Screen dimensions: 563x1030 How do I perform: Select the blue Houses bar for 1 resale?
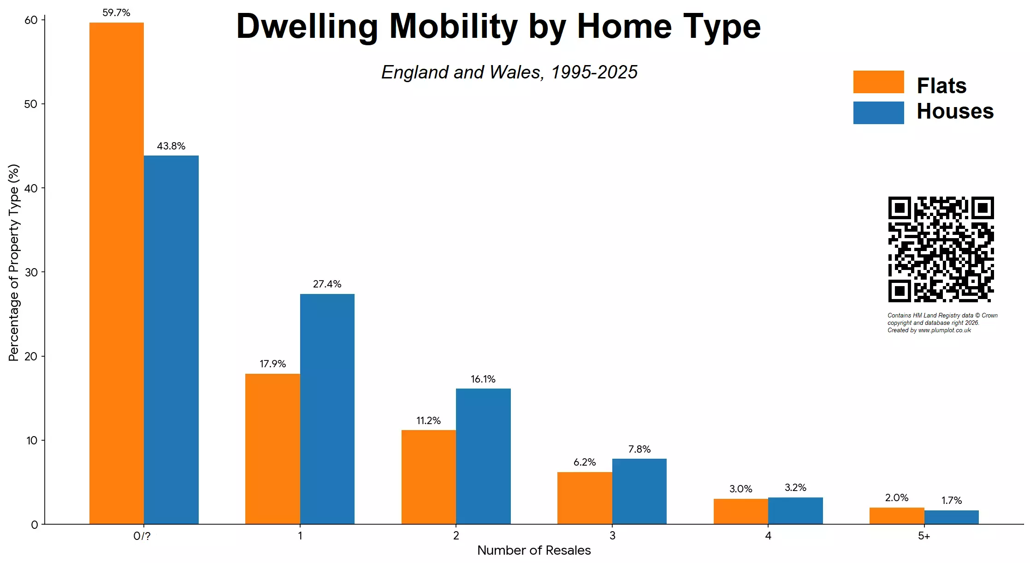coord(327,409)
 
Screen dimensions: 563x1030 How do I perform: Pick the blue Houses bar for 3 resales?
coord(639,491)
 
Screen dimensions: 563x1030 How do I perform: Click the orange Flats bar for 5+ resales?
coord(896,516)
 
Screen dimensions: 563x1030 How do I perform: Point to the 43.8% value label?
coord(171,146)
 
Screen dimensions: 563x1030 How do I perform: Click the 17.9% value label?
coord(272,364)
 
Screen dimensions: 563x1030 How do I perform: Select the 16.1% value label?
coord(483,379)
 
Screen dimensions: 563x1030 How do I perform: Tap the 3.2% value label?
coord(795,488)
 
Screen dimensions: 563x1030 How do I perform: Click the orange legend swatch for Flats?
coord(878,82)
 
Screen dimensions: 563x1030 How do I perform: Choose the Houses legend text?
coord(955,112)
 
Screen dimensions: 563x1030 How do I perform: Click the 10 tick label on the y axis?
coord(31,440)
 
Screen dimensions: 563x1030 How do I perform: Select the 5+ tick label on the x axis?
coord(923,536)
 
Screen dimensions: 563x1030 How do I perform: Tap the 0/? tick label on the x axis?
coord(142,536)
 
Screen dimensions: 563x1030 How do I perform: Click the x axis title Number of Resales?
coord(533,551)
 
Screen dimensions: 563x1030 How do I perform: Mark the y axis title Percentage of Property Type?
coord(14,263)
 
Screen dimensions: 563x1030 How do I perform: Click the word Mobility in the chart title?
coord(454,26)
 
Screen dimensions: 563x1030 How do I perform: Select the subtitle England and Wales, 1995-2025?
coord(509,72)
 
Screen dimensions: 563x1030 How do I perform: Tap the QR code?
coord(941,249)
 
